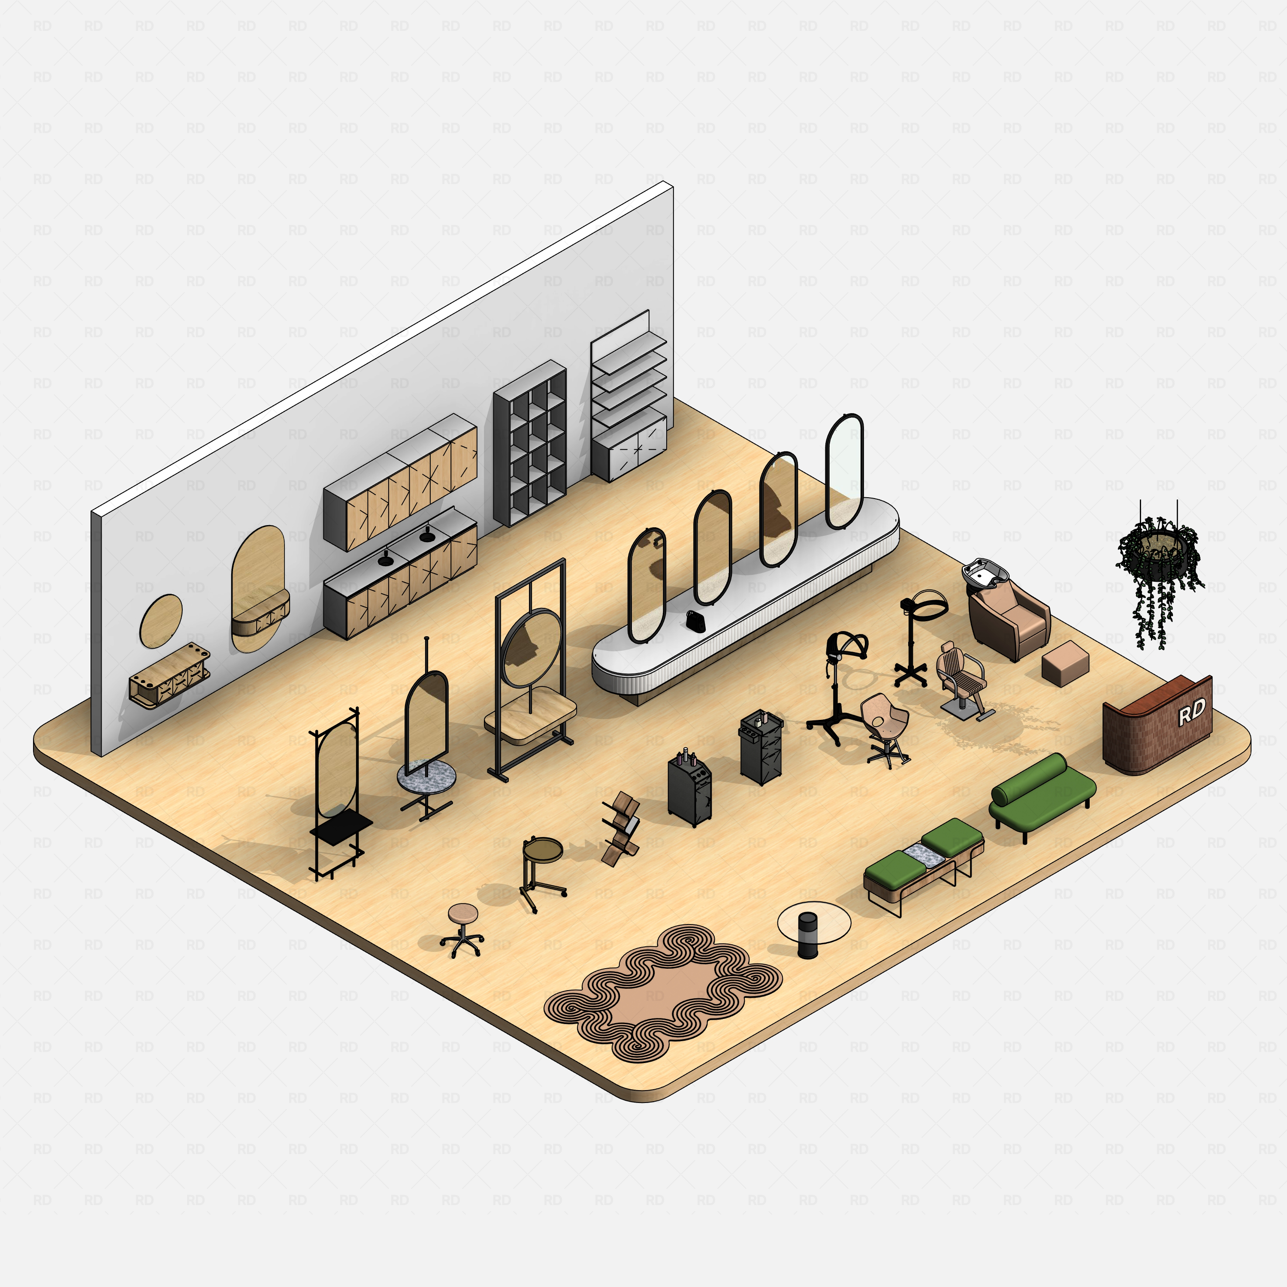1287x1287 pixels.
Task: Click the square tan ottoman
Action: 1064,662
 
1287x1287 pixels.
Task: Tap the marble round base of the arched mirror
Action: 426,776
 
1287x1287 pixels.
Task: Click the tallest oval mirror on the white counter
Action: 844,470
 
